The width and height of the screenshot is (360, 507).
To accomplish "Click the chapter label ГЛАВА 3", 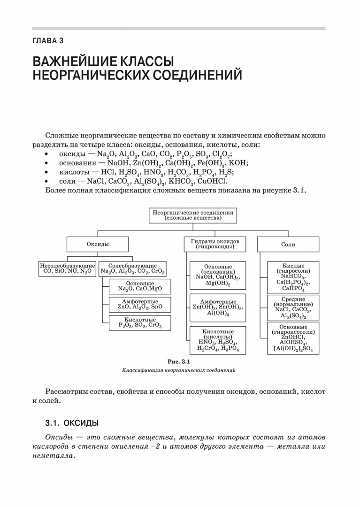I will click(x=47, y=41).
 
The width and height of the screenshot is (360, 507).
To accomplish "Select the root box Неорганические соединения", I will click(x=193, y=215).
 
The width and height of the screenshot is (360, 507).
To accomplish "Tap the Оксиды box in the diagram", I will click(x=98, y=245).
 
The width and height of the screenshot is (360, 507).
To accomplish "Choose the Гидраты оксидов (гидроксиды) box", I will click(x=215, y=244).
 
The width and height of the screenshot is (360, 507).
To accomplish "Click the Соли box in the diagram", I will click(x=288, y=245).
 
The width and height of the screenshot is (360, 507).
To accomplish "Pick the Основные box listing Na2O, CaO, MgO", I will click(x=140, y=286).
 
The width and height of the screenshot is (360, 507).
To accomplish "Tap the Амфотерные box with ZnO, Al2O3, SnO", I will click(x=140, y=305).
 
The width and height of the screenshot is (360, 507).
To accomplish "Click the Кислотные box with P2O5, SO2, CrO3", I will click(x=140, y=323).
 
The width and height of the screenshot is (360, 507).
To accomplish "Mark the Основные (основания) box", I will click(x=218, y=275).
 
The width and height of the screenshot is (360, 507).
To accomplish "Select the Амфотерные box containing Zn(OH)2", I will click(x=218, y=307).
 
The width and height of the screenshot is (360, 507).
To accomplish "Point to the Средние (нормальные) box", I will click(x=293, y=308).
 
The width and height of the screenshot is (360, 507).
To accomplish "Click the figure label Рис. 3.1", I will click(x=178, y=361).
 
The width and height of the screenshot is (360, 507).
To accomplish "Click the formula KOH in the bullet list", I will click(x=239, y=163).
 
